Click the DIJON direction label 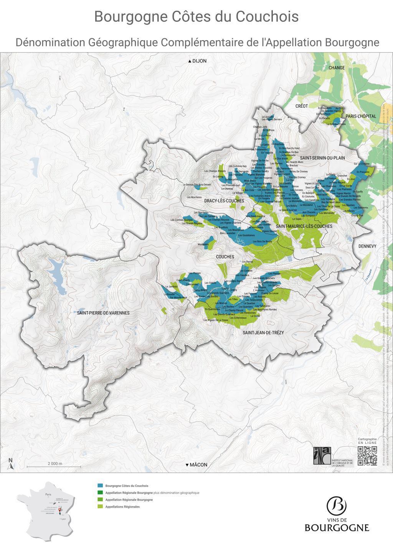tap(197, 61)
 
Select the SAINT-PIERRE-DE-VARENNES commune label tap(103, 313)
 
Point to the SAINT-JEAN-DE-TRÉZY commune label tap(263, 333)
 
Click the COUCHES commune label tap(225, 257)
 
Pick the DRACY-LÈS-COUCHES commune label tap(224, 201)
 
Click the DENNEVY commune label tap(368, 246)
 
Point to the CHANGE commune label tap(337, 68)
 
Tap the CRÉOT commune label tap(302, 106)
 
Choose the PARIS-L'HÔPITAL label tap(361, 116)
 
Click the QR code tap(367, 456)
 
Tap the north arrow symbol tap(11, 465)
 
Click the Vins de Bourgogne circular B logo tap(337, 506)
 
